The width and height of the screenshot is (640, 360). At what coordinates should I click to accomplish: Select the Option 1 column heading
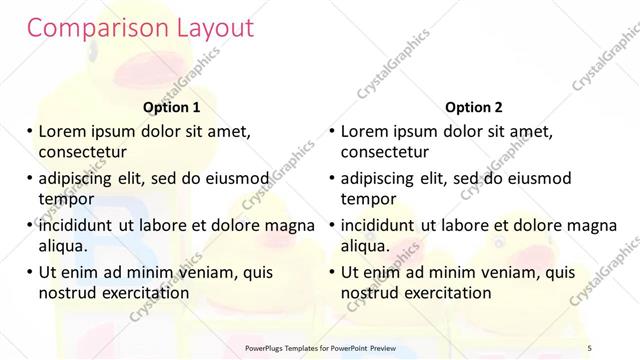click(x=172, y=107)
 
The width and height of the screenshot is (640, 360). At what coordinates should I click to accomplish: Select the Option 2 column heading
click(x=474, y=107)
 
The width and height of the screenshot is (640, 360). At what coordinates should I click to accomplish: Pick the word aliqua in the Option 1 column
click(x=63, y=245)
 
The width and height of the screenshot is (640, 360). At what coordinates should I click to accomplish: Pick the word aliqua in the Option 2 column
click(x=366, y=245)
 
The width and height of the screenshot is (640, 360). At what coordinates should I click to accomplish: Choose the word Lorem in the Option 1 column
click(x=62, y=131)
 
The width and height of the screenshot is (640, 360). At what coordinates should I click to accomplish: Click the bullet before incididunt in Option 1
click(x=30, y=224)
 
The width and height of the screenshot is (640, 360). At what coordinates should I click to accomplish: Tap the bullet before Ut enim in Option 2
click(x=333, y=271)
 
